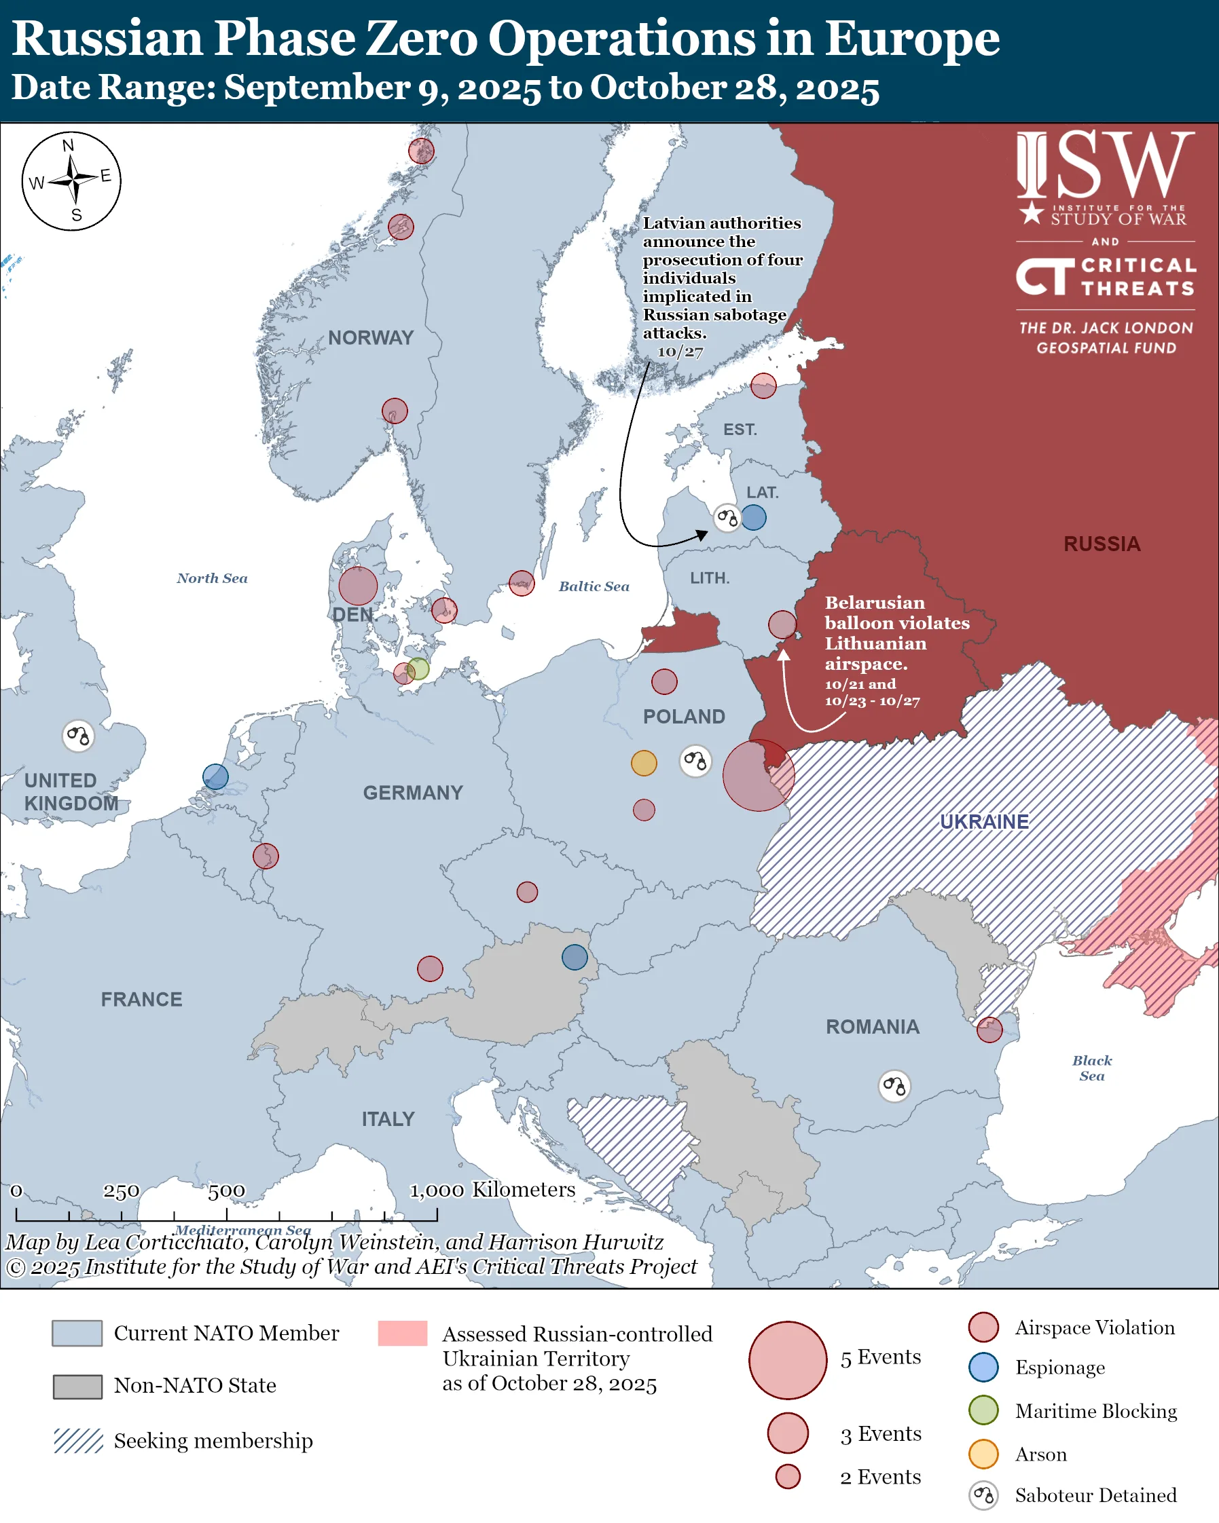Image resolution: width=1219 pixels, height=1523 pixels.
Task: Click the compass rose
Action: click(x=71, y=181)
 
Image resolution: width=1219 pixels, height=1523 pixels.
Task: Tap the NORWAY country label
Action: click(x=370, y=338)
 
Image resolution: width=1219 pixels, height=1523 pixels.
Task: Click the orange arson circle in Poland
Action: click(x=644, y=763)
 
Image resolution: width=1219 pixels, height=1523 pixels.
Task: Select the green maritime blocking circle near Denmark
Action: click(x=418, y=669)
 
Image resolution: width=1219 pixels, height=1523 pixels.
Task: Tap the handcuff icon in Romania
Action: click(x=894, y=1086)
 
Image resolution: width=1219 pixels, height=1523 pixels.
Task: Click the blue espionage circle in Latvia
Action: click(x=754, y=517)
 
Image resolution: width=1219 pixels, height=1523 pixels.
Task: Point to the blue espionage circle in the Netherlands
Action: click(x=215, y=777)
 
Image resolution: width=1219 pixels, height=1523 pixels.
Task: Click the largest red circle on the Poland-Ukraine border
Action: click(x=759, y=776)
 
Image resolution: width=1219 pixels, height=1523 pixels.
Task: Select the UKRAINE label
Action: click(x=983, y=821)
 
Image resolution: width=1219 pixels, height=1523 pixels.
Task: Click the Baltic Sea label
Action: click(x=594, y=586)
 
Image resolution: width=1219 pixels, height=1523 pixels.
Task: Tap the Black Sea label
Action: click(x=1092, y=1068)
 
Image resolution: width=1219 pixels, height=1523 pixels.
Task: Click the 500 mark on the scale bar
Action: click(x=226, y=1191)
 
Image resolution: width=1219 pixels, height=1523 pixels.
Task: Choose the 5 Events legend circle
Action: click(x=787, y=1360)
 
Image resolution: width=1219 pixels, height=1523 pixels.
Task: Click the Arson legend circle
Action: click(x=983, y=1454)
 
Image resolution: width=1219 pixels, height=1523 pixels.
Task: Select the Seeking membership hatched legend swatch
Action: click(x=79, y=1440)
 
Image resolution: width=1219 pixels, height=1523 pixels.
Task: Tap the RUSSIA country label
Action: click(x=1102, y=544)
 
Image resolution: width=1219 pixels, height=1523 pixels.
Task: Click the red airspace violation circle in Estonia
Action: click(x=763, y=386)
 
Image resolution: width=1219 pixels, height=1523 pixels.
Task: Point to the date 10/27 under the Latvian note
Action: click(x=680, y=352)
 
